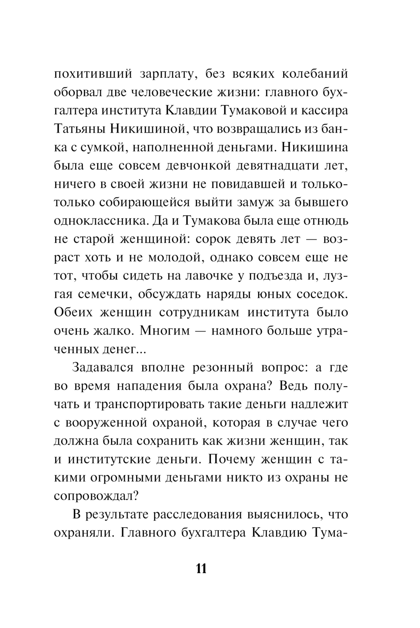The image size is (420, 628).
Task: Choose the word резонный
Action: pyautogui.click(x=223, y=368)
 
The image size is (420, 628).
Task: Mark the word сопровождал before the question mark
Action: pyautogui.click(x=92, y=496)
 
